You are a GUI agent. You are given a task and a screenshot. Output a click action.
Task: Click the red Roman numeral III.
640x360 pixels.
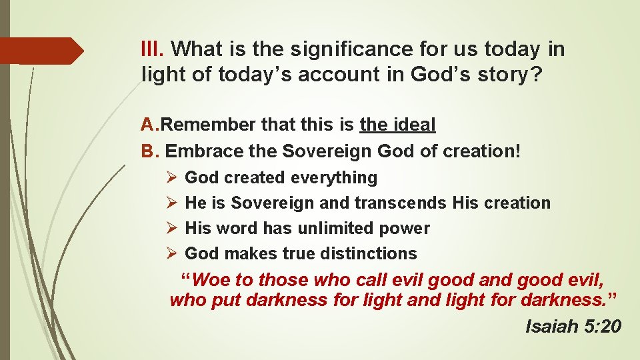click(x=153, y=49)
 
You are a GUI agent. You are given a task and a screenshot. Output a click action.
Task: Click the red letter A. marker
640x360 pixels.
click(x=150, y=125)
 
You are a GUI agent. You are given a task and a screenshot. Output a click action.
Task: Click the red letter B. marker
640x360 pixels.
click(x=149, y=151)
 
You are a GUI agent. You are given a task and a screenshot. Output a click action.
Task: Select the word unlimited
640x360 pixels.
click(x=334, y=228)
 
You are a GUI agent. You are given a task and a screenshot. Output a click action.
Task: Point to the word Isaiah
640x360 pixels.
click(x=551, y=326)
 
